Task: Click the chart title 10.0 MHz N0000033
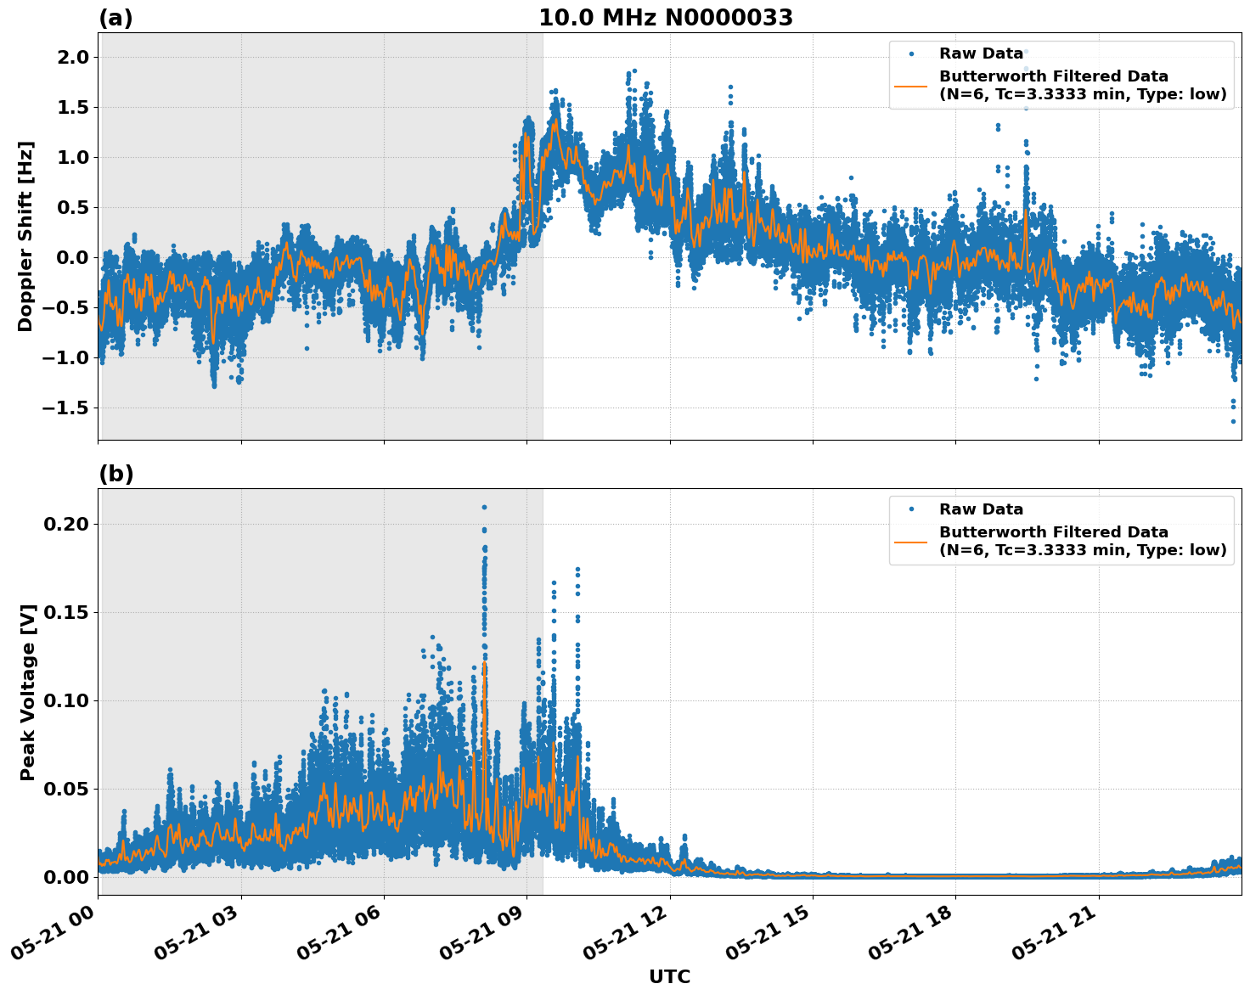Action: [x=666, y=18]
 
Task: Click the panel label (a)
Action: [x=115, y=18]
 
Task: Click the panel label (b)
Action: [x=115, y=474]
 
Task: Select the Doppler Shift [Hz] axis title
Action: [x=25, y=236]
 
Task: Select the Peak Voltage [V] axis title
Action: [x=28, y=692]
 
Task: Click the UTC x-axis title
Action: [x=669, y=976]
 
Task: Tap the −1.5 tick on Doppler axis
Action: [x=65, y=408]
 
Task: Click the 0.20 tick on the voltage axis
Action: [x=65, y=524]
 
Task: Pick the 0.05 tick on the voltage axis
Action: [x=65, y=789]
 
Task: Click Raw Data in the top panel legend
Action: [x=981, y=53]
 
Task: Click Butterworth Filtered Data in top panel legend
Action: [x=1053, y=76]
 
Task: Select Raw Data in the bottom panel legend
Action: [x=981, y=509]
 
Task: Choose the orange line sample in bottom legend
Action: [x=911, y=541]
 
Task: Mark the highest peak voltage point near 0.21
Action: [x=484, y=507]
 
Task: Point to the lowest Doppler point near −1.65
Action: [x=1233, y=421]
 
